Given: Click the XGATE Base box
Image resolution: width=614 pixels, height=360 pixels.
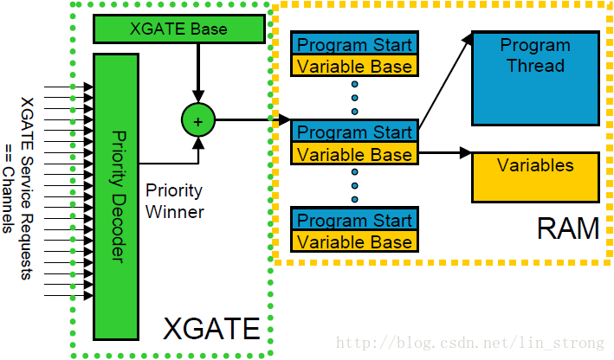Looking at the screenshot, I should point(178,29).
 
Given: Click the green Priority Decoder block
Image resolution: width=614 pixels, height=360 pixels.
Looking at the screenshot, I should point(116,196).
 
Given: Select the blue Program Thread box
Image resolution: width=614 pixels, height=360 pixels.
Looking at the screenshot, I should point(534,79).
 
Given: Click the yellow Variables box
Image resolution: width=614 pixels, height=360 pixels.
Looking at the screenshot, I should point(534,177).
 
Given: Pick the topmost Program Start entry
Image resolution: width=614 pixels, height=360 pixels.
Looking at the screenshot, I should point(354,44).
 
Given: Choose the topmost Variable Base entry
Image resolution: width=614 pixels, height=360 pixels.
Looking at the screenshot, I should point(354,65).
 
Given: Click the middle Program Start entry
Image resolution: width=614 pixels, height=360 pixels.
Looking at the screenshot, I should point(354,132).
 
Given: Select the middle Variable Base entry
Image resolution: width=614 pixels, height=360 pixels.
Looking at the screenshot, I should point(354,154).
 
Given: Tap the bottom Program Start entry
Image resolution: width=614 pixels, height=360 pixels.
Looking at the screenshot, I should point(354,220).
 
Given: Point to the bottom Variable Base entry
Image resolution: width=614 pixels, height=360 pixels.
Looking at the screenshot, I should point(354,241).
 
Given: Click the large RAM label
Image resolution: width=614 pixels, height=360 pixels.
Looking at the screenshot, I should point(567,229).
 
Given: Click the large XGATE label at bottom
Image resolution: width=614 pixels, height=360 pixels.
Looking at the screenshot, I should point(211,329).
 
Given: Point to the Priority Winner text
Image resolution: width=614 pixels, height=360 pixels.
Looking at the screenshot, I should point(174,201).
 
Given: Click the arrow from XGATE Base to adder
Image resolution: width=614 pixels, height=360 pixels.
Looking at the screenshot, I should point(197,74).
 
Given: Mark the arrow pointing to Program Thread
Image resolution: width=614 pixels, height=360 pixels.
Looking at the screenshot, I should point(446,78).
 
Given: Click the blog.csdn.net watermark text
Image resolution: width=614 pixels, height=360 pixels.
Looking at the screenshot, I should point(468,344).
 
